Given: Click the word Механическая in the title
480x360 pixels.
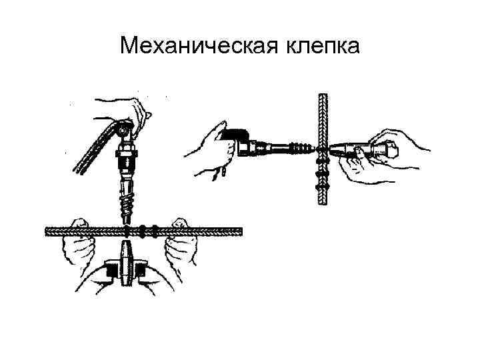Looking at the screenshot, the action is pos(194,47).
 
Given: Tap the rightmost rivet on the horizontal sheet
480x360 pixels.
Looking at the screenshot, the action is pos(155,232).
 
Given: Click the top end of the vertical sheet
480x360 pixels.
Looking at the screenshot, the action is pos(323,97).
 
